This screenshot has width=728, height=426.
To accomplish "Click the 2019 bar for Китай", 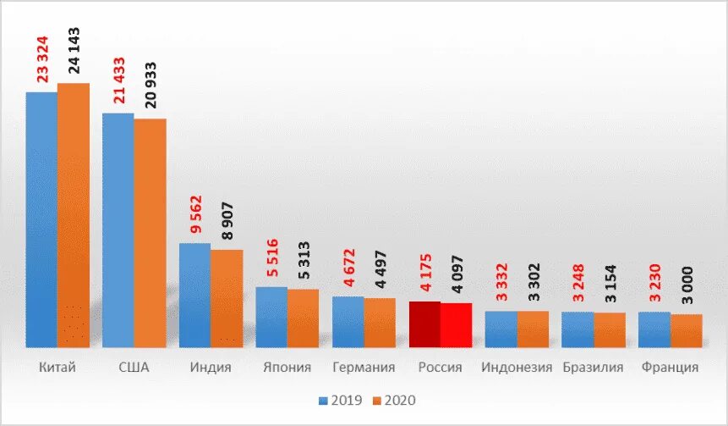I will click(41, 219).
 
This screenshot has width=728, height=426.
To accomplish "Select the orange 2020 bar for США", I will click(150, 233).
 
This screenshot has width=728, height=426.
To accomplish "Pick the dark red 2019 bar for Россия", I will click(424, 324).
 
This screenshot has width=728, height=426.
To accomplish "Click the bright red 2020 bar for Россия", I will click(456, 325).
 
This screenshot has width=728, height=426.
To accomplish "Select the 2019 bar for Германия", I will click(348, 322).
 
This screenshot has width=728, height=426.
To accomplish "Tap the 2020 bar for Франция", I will click(686, 330).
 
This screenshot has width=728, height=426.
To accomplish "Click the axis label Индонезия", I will click(517, 368).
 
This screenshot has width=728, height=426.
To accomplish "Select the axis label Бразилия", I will click(593, 368).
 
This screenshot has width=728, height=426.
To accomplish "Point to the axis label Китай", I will click(57, 368).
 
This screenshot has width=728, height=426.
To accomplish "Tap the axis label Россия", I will click(440, 368).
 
